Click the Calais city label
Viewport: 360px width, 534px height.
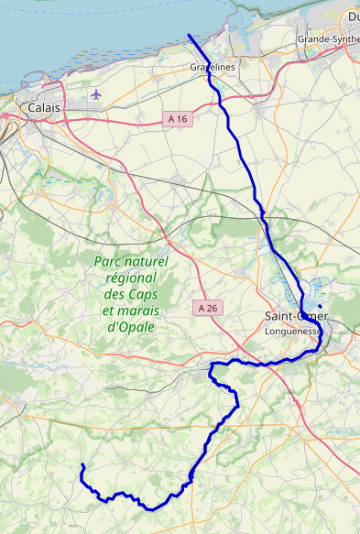coord(44,108)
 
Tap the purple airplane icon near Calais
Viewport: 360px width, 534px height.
coord(97,94)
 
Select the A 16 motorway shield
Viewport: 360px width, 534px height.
coord(177,119)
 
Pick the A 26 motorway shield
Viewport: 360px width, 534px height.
coord(207,309)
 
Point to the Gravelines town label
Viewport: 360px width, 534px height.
coord(213,68)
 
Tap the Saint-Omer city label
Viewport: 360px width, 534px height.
coord(295,316)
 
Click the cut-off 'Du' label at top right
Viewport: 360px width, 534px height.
coord(353,16)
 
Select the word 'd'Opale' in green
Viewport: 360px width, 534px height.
coord(131,327)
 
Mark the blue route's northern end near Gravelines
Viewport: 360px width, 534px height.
coord(189,36)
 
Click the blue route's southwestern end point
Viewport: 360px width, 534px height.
coord(82,466)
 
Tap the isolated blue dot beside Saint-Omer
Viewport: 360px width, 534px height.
coord(320,305)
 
